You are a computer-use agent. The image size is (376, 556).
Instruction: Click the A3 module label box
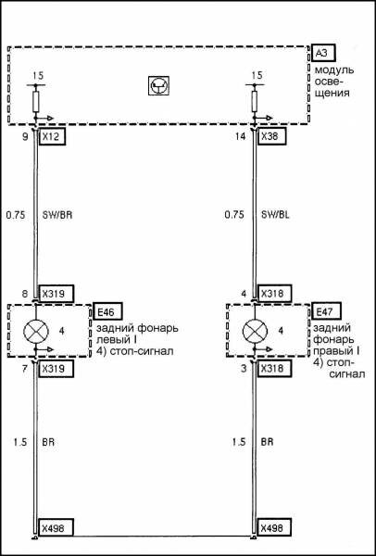[323, 54]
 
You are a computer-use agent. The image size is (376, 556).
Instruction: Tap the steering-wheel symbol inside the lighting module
[158, 85]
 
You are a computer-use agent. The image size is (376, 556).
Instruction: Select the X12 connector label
[52, 137]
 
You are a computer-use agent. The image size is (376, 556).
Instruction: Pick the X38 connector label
[271, 137]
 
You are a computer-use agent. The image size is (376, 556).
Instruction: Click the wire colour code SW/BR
[57, 215]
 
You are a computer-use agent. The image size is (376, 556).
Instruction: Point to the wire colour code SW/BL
[275, 215]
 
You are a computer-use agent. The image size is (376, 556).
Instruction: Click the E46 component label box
[107, 311]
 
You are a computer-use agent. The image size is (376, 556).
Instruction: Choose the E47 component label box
[325, 311]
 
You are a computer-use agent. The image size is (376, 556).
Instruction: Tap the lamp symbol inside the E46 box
[36, 331]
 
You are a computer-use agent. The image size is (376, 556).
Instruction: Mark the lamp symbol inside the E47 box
[255, 331]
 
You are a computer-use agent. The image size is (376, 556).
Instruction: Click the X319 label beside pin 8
[56, 293]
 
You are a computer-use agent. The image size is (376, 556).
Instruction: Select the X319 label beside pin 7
[56, 369]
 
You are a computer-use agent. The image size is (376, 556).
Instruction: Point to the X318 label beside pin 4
[275, 293]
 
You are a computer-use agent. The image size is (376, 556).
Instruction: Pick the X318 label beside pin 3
[275, 369]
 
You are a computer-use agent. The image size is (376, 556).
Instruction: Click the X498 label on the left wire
[56, 528]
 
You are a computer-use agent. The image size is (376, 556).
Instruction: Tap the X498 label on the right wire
[275, 528]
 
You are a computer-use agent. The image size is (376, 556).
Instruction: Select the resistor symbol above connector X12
[36, 101]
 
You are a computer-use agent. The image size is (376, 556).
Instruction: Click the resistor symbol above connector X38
[255, 101]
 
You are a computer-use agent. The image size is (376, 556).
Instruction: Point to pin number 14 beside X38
[240, 137]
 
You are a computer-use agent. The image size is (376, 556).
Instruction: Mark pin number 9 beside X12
[25, 137]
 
